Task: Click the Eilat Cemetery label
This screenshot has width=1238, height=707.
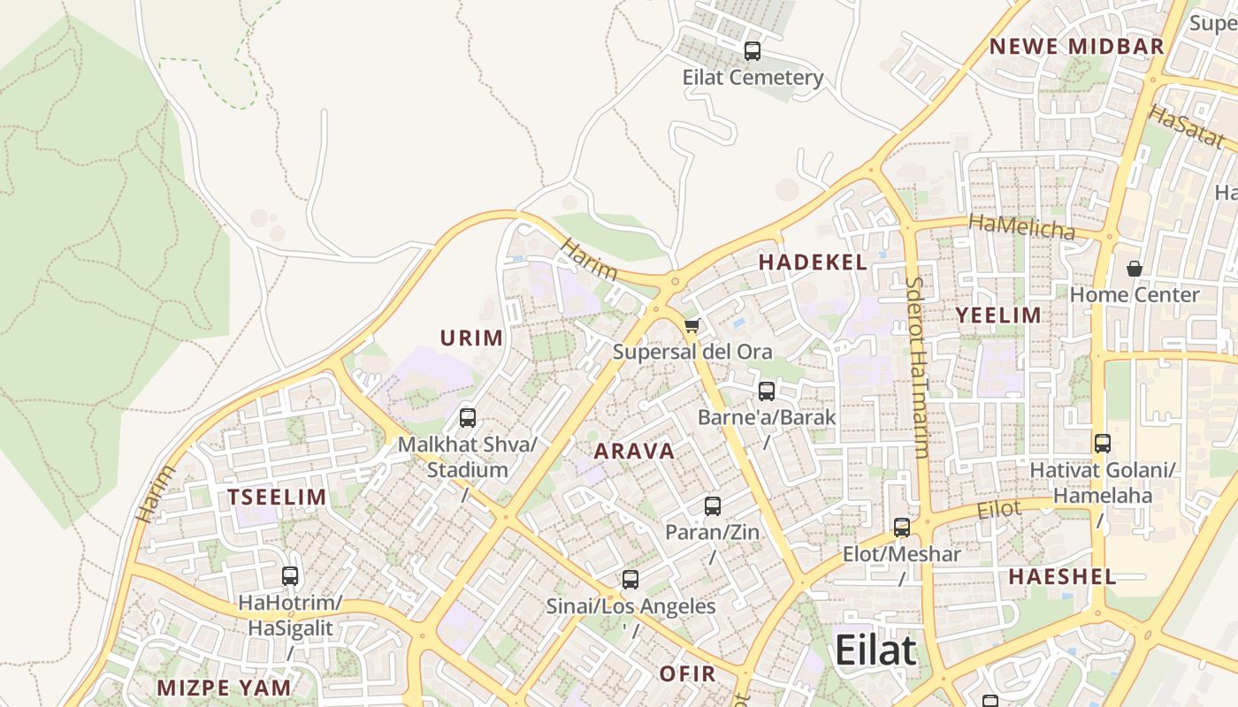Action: coord(753,78)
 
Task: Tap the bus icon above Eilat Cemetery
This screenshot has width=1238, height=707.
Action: coord(753,51)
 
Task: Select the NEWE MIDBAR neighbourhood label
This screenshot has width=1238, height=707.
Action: coord(1075,47)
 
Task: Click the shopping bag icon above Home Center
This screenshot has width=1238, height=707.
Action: coord(1134,269)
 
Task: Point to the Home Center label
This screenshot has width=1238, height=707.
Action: coord(1134,295)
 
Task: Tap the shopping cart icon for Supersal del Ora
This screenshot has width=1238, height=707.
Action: coord(692,326)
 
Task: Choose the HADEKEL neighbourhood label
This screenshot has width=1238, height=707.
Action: coord(813,262)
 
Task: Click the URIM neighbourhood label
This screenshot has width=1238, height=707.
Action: coord(471,338)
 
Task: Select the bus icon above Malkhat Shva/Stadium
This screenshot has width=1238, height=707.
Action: coord(468,418)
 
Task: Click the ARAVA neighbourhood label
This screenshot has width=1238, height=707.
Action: coord(634,452)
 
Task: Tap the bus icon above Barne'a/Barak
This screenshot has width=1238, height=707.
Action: coord(767,391)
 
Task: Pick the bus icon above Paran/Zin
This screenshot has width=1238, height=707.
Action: coord(713,506)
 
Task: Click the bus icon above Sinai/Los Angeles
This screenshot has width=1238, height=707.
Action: coord(630,580)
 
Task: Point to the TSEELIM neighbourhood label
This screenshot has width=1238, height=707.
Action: coord(277,497)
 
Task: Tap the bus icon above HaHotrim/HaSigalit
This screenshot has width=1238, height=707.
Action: coord(290,576)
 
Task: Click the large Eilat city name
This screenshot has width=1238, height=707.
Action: coord(875,650)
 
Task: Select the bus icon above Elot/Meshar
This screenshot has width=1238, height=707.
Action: coord(902,528)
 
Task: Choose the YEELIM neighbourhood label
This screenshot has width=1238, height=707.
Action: coord(998,315)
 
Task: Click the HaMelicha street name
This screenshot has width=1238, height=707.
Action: coord(1021,226)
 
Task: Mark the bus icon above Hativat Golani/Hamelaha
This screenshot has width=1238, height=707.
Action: coord(1102,444)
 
